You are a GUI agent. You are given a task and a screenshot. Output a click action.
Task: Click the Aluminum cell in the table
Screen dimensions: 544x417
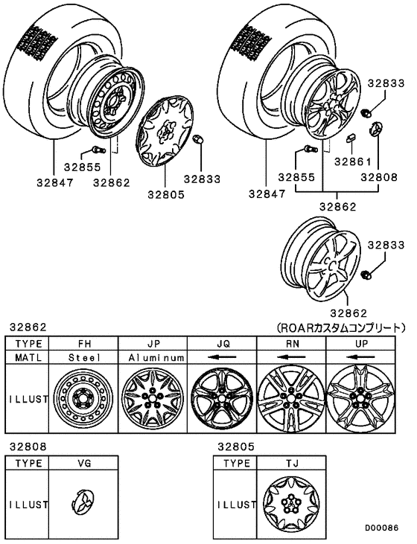coord(153,358)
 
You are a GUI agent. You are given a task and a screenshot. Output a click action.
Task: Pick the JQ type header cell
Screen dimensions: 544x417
coord(222,344)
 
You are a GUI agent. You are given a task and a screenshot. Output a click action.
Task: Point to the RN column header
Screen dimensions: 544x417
coord(291,344)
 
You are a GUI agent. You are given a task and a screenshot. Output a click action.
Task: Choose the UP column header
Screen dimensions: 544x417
coord(360,344)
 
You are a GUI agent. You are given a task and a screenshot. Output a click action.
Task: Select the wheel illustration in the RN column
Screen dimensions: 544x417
coord(291,398)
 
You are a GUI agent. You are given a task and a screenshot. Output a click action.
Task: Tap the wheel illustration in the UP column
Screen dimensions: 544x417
coord(360,398)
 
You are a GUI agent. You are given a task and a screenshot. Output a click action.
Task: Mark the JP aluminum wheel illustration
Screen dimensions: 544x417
coord(153,398)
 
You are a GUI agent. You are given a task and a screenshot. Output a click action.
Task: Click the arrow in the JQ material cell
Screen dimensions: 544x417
coord(222,358)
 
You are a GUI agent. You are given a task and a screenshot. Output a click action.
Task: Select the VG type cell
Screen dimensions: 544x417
coord(83,463)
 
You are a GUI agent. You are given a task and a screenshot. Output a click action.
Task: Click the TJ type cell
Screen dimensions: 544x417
coord(291,463)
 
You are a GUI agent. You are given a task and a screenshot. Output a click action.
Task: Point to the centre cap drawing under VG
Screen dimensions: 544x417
coord(83,504)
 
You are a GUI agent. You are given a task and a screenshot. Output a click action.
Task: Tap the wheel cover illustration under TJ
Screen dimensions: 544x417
coord(291,504)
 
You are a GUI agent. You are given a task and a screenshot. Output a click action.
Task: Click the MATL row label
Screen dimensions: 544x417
coord(28,358)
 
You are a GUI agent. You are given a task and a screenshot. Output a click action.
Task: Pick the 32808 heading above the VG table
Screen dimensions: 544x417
coord(28,447)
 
